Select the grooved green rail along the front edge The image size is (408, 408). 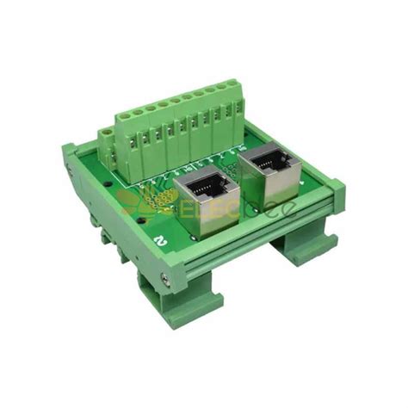point(258,250)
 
